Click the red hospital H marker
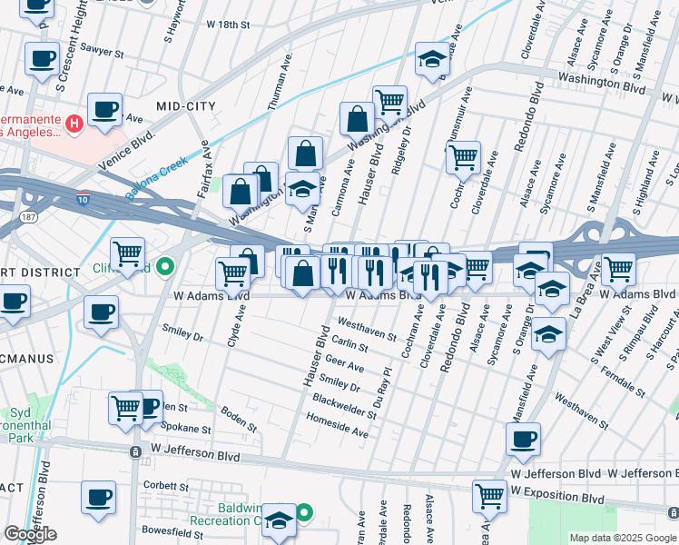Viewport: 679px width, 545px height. [75, 123]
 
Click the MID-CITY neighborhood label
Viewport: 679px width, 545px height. [186, 106]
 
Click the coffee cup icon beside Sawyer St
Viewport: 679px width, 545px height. [42, 60]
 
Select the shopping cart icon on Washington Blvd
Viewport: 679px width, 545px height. [389, 100]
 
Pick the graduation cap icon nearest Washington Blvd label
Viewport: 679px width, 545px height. [433, 60]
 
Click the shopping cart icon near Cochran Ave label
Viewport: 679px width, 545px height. [463, 157]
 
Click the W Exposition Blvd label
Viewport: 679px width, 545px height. [557, 499]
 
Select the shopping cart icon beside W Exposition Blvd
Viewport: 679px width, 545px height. [490, 496]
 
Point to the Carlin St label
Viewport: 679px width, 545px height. [349, 345]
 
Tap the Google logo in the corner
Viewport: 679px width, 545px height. [30, 534]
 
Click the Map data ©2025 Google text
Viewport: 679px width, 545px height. [622, 538]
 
